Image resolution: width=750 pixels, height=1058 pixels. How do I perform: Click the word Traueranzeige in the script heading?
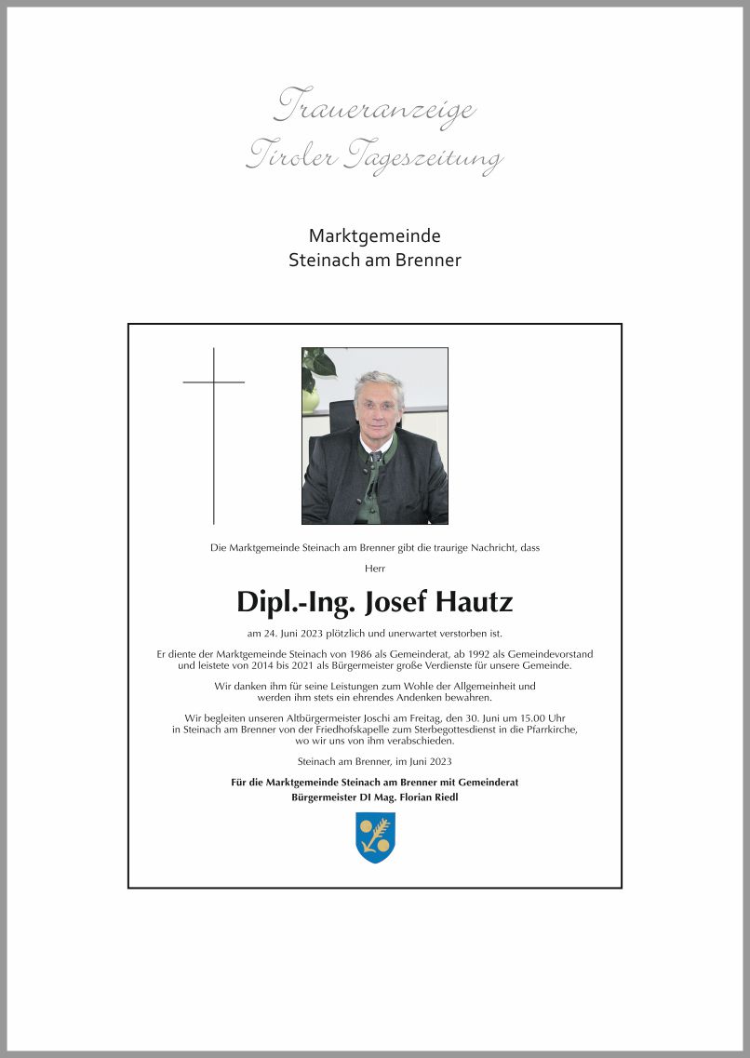tap(374, 107)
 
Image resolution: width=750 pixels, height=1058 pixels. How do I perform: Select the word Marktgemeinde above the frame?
tap(374, 236)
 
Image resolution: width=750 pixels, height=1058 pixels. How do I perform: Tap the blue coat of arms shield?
tap(375, 837)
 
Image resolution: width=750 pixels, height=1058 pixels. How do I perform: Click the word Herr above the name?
tap(375, 568)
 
